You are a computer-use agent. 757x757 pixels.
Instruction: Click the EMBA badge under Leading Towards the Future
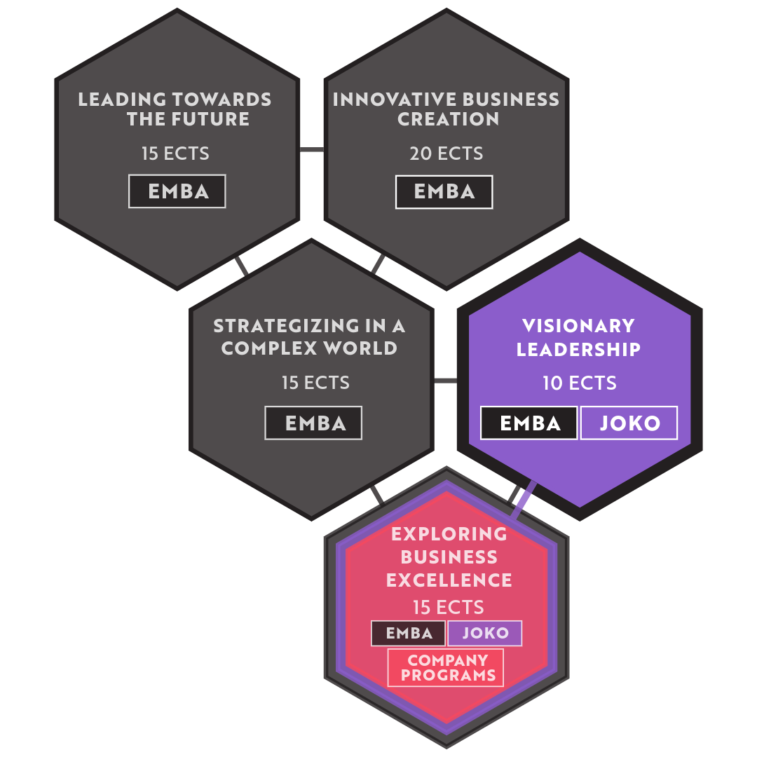point(177,191)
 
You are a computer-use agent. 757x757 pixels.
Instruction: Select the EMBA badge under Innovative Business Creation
point(444,191)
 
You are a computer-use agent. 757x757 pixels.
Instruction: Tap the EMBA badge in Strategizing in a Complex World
point(313,423)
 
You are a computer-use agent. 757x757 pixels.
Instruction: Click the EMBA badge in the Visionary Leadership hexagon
point(529,423)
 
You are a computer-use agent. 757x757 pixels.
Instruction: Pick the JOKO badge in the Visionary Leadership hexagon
point(629,423)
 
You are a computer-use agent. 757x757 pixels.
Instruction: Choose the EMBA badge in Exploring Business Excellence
point(409,633)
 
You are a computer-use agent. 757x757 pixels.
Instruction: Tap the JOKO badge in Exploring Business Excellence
point(485,633)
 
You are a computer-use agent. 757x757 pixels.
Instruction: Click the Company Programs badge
point(446,667)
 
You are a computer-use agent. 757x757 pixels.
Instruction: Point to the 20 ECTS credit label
point(446,154)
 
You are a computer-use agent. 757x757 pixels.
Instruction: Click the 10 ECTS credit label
point(580,383)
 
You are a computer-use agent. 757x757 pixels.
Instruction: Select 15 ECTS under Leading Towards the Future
point(175,154)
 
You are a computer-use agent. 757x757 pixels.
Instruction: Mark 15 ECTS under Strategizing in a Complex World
point(315,383)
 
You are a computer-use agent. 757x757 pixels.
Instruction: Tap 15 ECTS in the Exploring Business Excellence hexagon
point(448,607)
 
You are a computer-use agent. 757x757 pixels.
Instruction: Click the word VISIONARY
point(578,325)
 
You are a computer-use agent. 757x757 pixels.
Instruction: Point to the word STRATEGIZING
point(287,326)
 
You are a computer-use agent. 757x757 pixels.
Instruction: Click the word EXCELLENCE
point(449,580)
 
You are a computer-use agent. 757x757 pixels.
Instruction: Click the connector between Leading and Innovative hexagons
point(312,150)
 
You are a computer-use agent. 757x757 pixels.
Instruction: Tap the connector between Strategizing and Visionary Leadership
point(446,381)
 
